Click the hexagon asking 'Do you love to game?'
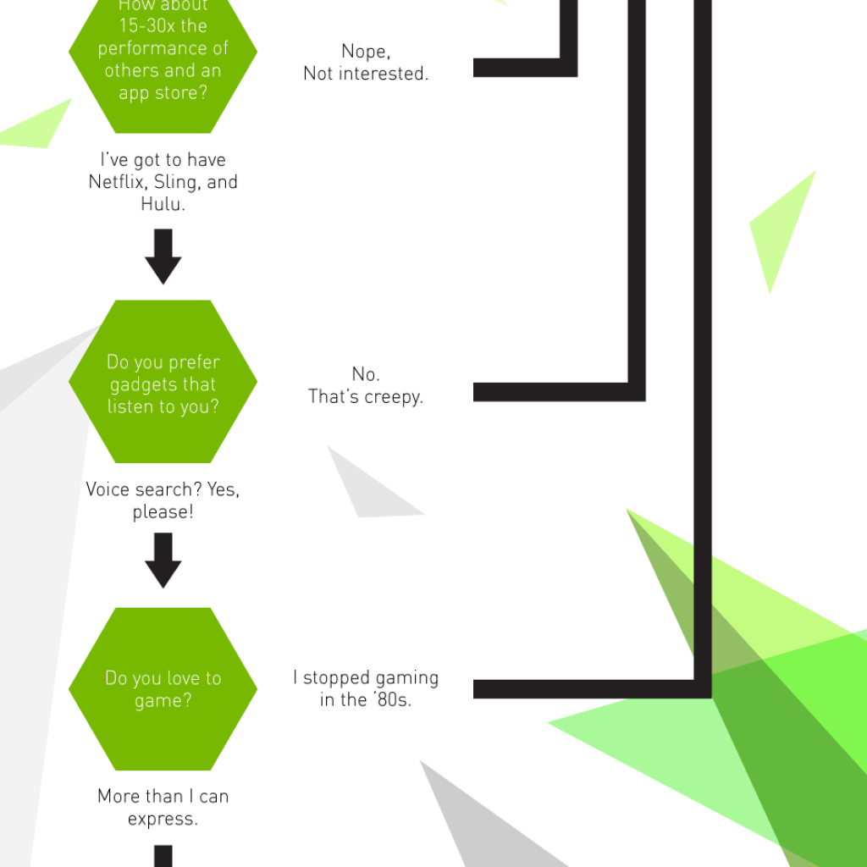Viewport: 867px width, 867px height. pyautogui.click(x=163, y=689)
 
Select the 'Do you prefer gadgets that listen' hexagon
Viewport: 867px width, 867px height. pyautogui.click(x=163, y=384)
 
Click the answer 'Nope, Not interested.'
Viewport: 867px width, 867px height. pyautogui.click(x=366, y=63)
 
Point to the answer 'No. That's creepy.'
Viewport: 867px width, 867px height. pyautogui.click(x=366, y=385)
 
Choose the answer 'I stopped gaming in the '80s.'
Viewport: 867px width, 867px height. pyautogui.click(x=366, y=688)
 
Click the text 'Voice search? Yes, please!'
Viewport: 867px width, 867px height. pyautogui.click(x=163, y=500)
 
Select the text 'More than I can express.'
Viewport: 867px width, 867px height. pyautogui.click(x=163, y=807)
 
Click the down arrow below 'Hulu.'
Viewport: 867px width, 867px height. pyautogui.click(x=163, y=256)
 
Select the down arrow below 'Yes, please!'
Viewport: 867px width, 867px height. pyautogui.click(x=163, y=560)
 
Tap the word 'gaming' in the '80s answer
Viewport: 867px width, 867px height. pyautogui.click(x=406, y=677)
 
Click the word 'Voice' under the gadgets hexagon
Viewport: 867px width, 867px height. pyautogui.click(x=108, y=489)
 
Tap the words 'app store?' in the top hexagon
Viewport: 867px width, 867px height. pyautogui.click(x=163, y=92)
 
